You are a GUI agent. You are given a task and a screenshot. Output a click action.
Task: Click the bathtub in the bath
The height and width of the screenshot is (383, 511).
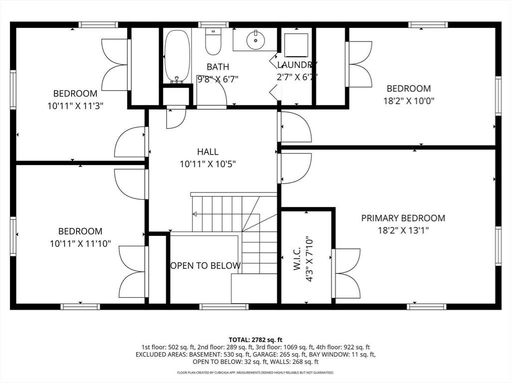177,56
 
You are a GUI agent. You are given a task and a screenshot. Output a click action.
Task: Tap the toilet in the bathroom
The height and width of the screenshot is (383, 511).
213,41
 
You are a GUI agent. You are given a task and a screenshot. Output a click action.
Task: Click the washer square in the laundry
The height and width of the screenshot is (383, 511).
296,45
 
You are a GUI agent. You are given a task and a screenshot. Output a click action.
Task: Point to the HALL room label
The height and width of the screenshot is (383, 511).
208,152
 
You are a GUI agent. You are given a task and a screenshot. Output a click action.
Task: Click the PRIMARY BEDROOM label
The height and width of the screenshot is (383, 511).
403,218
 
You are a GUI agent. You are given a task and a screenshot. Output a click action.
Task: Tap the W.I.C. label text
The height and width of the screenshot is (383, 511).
296,259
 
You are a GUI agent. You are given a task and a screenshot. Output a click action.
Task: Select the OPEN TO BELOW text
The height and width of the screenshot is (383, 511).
206,266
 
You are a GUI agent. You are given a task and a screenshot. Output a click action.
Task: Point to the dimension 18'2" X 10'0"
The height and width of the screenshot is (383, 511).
409,101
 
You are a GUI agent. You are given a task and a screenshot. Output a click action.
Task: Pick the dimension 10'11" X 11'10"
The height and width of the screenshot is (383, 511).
80,243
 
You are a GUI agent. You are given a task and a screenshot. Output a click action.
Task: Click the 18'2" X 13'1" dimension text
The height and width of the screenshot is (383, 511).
403,230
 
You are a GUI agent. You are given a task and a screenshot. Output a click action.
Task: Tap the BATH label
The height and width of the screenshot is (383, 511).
218,67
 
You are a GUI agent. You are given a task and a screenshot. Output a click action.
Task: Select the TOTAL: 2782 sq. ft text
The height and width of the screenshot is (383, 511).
255,340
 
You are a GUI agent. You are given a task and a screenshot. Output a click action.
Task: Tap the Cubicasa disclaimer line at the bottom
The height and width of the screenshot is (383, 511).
255,373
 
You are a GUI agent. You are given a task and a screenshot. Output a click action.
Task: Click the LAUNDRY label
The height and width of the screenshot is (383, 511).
297,65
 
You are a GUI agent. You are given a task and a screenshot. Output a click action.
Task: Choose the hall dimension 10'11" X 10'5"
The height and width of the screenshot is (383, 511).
208,164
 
